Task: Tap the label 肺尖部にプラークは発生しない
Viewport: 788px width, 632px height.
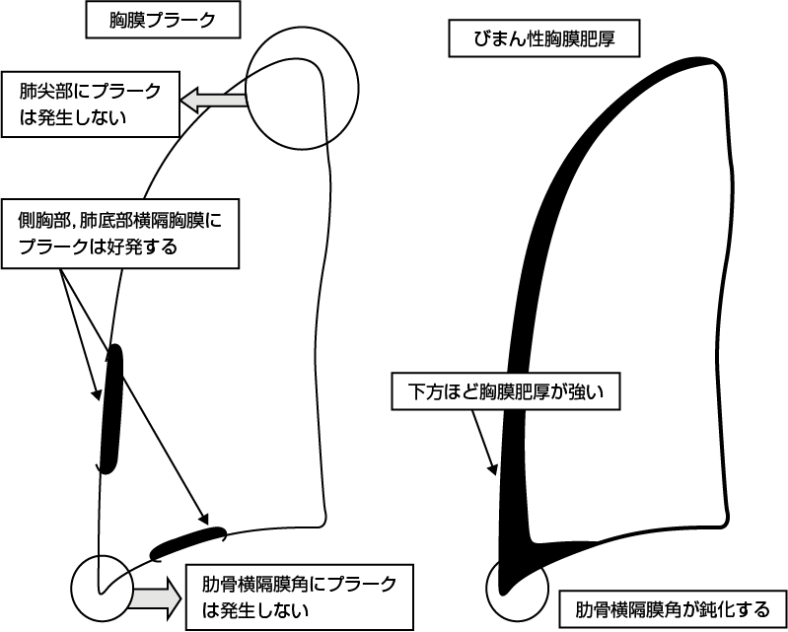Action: point(90,103)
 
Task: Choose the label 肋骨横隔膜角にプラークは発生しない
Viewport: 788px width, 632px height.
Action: point(299,596)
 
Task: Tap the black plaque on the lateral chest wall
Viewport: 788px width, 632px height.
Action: point(111,408)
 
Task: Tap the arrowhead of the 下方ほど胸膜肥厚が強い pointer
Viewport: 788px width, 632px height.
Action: point(493,471)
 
